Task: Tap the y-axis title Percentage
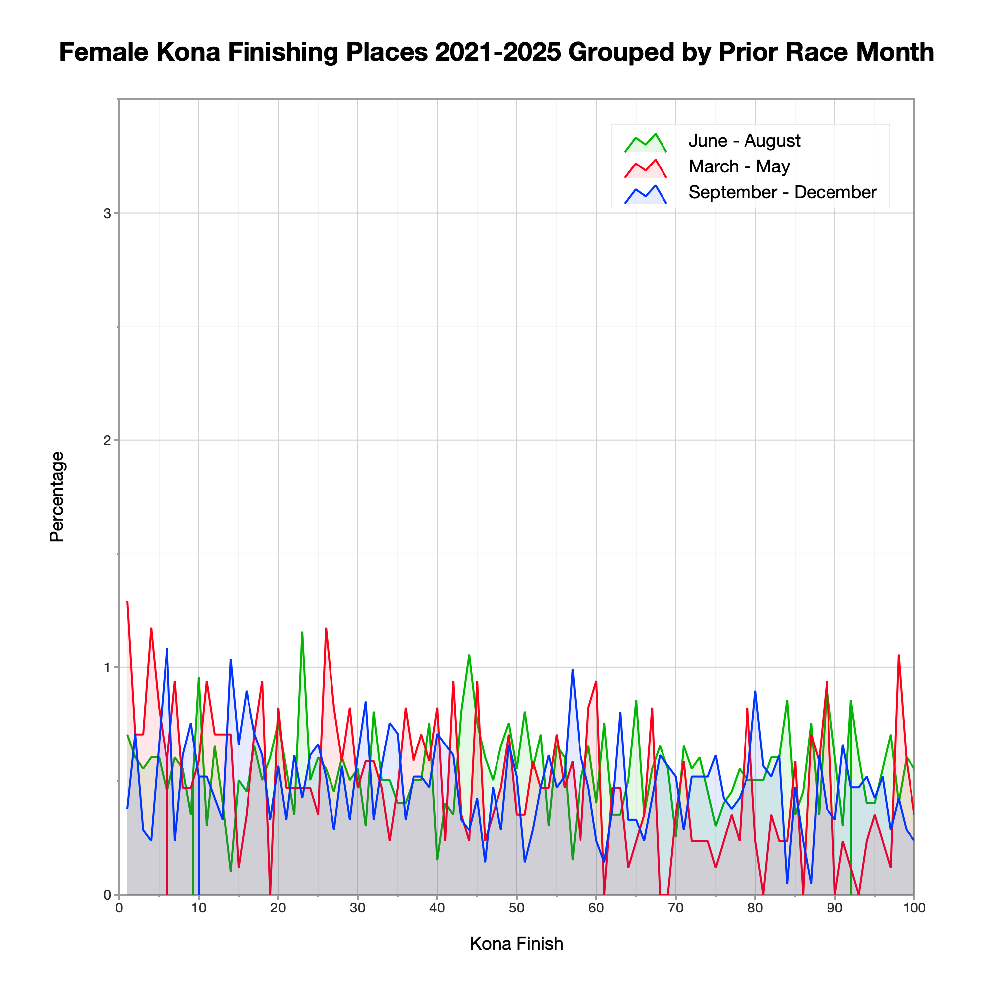coord(57,497)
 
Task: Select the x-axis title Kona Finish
coord(516,944)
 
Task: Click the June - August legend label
coord(744,141)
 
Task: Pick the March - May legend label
coord(739,166)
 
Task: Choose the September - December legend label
coord(782,192)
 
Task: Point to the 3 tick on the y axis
coord(107,214)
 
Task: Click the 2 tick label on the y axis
coord(107,440)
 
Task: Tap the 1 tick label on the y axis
coord(107,667)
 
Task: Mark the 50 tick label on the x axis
coord(516,909)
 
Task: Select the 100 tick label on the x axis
coord(914,909)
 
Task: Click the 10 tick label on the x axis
coord(199,909)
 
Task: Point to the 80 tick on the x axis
coord(755,909)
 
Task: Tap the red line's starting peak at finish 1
coord(127,601)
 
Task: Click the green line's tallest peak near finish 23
coord(302,632)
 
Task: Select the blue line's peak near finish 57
coord(572,670)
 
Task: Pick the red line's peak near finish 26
coord(326,628)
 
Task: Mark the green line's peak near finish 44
coord(469,655)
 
